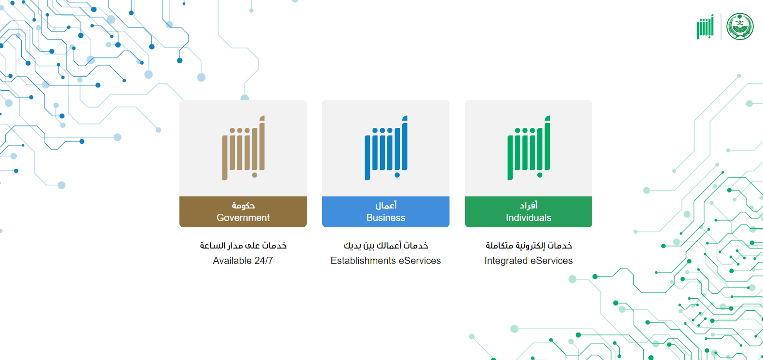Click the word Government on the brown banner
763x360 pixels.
(243, 218)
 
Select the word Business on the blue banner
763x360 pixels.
(385, 218)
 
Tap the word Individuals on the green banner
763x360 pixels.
(528, 218)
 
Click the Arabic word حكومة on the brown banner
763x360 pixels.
(243, 205)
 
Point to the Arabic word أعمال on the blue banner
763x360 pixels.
(386, 205)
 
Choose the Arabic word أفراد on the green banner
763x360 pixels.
(529, 205)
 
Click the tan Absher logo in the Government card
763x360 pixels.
(244, 148)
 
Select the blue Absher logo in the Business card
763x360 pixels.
(386, 148)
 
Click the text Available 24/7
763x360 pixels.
(243, 261)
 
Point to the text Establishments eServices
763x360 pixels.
(385, 261)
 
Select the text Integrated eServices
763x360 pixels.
(528, 261)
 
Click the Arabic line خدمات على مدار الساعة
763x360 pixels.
(243, 246)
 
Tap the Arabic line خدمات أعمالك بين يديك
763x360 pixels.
(386, 246)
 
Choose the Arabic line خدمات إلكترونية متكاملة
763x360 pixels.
(529, 246)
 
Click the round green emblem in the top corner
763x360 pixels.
(740, 27)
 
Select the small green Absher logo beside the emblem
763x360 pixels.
(705, 27)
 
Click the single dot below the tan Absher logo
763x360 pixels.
(255, 175)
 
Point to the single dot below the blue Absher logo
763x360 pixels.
(397, 175)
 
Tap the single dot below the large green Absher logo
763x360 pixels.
(540, 175)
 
